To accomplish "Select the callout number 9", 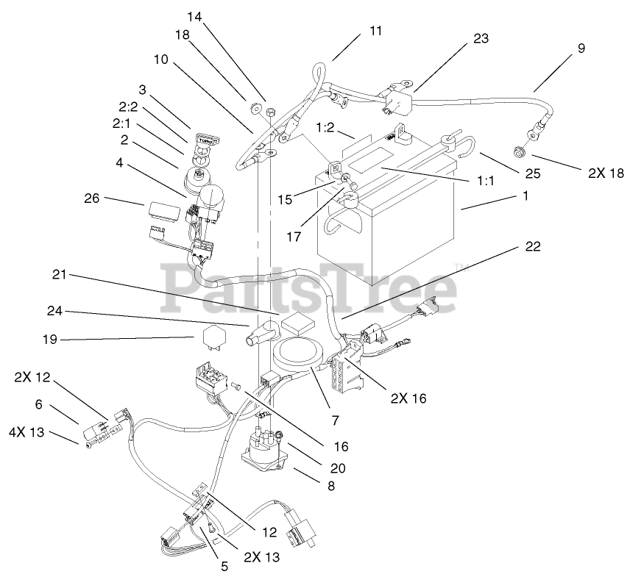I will (581, 49).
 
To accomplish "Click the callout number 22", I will (532, 248).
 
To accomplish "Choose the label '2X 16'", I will (408, 398).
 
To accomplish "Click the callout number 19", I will (49, 340).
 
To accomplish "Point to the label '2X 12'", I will (32, 377).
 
